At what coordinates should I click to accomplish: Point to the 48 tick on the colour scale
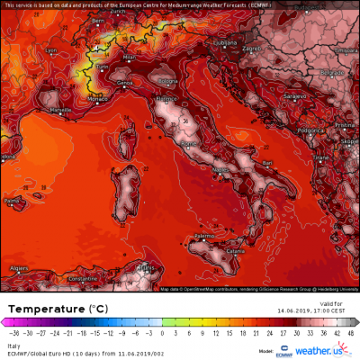click(x=349, y=332)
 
